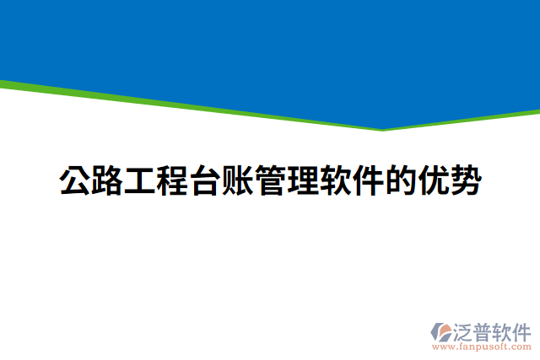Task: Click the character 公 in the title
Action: click(x=75, y=181)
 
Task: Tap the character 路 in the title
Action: click(x=108, y=181)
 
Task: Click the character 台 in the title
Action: click(x=206, y=181)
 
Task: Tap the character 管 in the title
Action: click(x=271, y=181)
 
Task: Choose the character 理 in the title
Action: click(x=304, y=181)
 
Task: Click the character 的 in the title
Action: click(x=401, y=181)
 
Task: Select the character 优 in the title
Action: click(x=434, y=181)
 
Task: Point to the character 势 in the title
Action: click(x=466, y=181)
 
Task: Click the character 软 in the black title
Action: click(x=336, y=181)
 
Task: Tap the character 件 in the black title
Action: click(x=369, y=181)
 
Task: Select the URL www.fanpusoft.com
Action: click(x=480, y=347)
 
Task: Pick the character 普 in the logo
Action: click(x=482, y=330)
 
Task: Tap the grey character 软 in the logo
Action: click(x=501, y=330)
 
